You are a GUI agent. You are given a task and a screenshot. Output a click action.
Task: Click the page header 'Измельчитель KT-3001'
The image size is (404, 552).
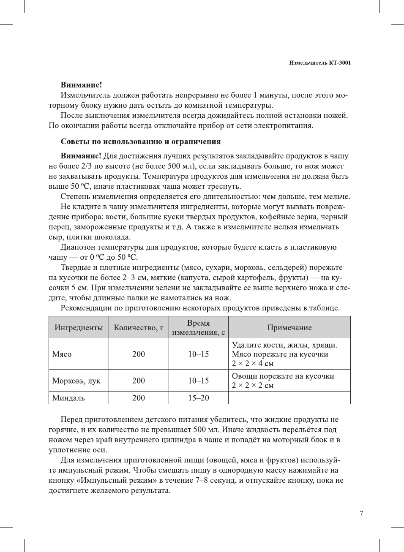(319, 63)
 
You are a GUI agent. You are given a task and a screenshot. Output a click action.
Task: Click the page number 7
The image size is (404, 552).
(361, 513)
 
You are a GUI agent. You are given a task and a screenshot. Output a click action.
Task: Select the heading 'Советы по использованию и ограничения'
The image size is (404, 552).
(141, 141)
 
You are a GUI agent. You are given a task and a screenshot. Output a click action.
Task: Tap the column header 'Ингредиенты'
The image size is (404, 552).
(79, 328)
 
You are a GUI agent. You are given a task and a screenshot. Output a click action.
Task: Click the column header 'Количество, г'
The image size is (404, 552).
(139, 328)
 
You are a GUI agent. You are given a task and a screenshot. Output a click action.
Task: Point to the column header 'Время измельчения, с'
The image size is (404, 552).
(198, 328)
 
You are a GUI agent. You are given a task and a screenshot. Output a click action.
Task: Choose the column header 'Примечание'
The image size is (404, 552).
(289, 328)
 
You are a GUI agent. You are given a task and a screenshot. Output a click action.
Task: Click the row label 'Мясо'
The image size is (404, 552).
(62, 354)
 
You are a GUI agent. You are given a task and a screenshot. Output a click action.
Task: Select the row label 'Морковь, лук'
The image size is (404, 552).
(76, 381)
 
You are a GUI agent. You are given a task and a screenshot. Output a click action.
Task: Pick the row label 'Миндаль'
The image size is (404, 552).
(68, 398)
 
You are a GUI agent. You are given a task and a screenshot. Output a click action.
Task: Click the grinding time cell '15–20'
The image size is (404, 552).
(198, 398)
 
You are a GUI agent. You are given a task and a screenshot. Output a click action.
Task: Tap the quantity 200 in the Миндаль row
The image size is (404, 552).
(139, 398)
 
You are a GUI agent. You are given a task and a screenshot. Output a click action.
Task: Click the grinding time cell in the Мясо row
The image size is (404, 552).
(198, 354)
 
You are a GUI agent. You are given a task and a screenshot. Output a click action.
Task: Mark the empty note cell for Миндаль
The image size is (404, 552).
(289, 398)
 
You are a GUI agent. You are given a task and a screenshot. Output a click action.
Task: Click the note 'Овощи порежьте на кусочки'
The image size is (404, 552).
(283, 376)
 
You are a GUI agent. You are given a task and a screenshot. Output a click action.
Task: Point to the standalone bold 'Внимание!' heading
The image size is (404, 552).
(81, 85)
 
